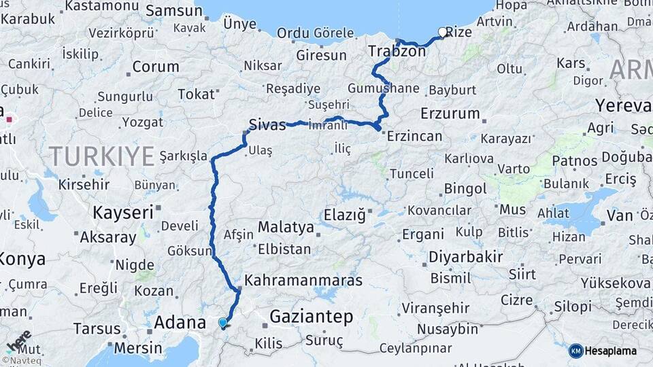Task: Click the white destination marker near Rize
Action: click(443, 32)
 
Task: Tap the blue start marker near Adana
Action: click(222, 323)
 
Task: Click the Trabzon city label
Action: click(397, 51)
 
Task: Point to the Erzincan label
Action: click(414, 136)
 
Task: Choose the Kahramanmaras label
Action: click(303, 280)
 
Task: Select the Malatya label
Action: click(286, 227)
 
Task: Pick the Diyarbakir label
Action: click(466, 257)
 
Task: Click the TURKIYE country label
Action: click(101, 156)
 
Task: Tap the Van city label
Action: click(620, 216)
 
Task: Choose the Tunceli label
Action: click(412, 173)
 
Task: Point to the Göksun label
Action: click(190, 251)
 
